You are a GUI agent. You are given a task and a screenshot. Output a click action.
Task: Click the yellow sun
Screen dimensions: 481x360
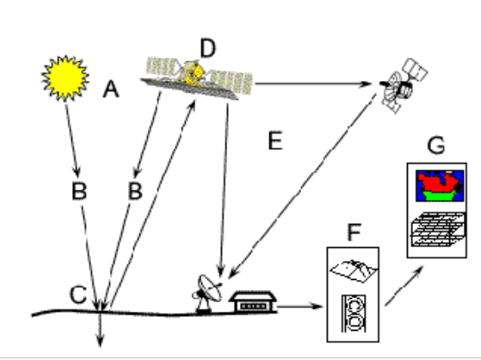point(65,78)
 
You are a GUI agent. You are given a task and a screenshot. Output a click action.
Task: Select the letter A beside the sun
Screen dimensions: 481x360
point(111,89)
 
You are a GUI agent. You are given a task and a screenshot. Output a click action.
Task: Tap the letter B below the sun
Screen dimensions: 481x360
point(79,191)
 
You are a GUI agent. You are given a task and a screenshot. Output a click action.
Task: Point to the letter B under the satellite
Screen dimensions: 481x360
point(135,191)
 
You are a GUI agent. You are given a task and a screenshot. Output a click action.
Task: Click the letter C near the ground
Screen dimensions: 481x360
point(78,295)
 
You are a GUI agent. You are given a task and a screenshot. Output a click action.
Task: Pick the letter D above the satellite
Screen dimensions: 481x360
point(208,48)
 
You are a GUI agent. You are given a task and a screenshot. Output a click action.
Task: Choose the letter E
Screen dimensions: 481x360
point(275,140)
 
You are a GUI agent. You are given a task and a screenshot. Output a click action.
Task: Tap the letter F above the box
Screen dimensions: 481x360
point(354,233)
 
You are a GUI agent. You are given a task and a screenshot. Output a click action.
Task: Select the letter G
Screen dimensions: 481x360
point(436,145)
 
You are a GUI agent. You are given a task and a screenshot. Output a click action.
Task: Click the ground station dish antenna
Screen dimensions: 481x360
point(207,294)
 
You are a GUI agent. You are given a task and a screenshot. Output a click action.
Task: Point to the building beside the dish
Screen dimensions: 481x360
point(253,302)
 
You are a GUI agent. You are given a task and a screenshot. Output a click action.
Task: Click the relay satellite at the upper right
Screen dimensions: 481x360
point(403,86)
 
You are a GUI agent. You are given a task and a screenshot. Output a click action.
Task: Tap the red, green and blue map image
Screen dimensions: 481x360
point(440,186)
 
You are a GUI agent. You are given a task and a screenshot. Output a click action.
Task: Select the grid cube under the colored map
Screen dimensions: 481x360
point(438,229)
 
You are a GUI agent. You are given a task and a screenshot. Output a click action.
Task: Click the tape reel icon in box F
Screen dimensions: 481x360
point(354,313)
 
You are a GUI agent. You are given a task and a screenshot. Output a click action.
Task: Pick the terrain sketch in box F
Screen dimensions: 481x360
point(354,271)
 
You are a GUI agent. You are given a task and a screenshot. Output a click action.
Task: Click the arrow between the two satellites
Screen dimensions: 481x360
point(313,84)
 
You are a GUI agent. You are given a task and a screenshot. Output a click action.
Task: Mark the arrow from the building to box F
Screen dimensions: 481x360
point(300,306)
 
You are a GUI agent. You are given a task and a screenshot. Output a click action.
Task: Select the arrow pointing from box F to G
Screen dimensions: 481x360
point(404,286)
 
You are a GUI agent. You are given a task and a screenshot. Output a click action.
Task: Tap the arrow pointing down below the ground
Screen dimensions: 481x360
point(100,329)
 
